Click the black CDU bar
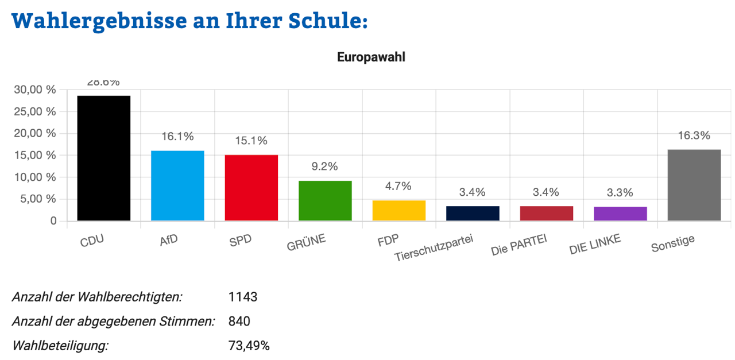coord(104,158)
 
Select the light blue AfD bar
coord(177,185)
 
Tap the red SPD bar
coord(251,188)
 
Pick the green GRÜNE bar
coord(325,200)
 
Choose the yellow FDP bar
coord(399,210)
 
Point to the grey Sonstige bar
coord(694,185)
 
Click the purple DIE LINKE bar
coord(620,214)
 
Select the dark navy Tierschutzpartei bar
coord(473,213)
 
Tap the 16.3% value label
coord(694,136)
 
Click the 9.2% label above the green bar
coord(325,167)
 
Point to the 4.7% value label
coord(399,186)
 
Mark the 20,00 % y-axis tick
coord(36,133)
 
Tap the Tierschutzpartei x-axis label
coord(434,248)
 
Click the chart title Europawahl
coord(371,57)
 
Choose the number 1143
coord(242,297)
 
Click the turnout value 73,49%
coord(249,346)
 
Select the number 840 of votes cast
coord(239,321)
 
